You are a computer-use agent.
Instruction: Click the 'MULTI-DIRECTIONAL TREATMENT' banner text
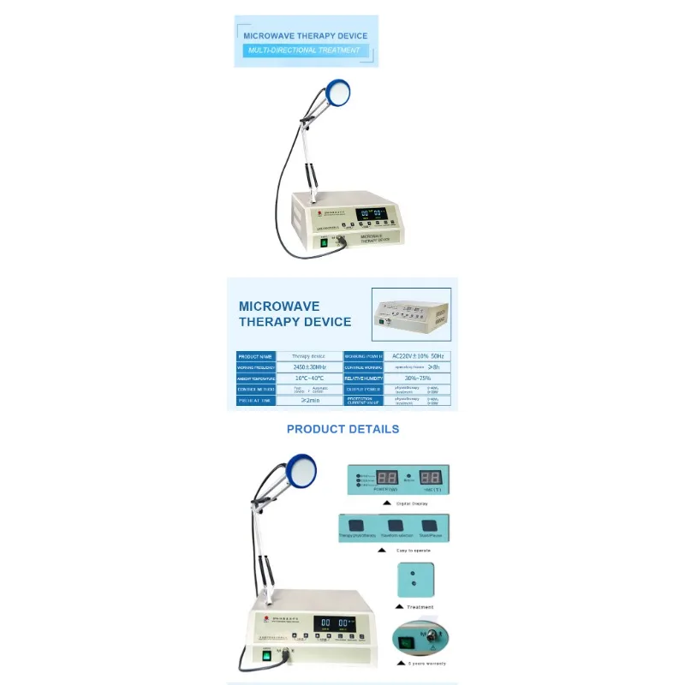click(305, 51)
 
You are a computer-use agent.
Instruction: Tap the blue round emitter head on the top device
click(337, 88)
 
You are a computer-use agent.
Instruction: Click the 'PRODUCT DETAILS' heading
click(342, 429)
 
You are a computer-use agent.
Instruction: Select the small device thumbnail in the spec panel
click(411, 313)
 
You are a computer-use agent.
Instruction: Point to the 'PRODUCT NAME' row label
click(254, 356)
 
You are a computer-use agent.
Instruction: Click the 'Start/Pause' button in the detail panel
click(431, 527)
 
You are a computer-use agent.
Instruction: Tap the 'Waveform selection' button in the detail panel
click(395, 527)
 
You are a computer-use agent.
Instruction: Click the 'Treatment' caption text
click(420, 607)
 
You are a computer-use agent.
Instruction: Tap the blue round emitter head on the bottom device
click(301, 468)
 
